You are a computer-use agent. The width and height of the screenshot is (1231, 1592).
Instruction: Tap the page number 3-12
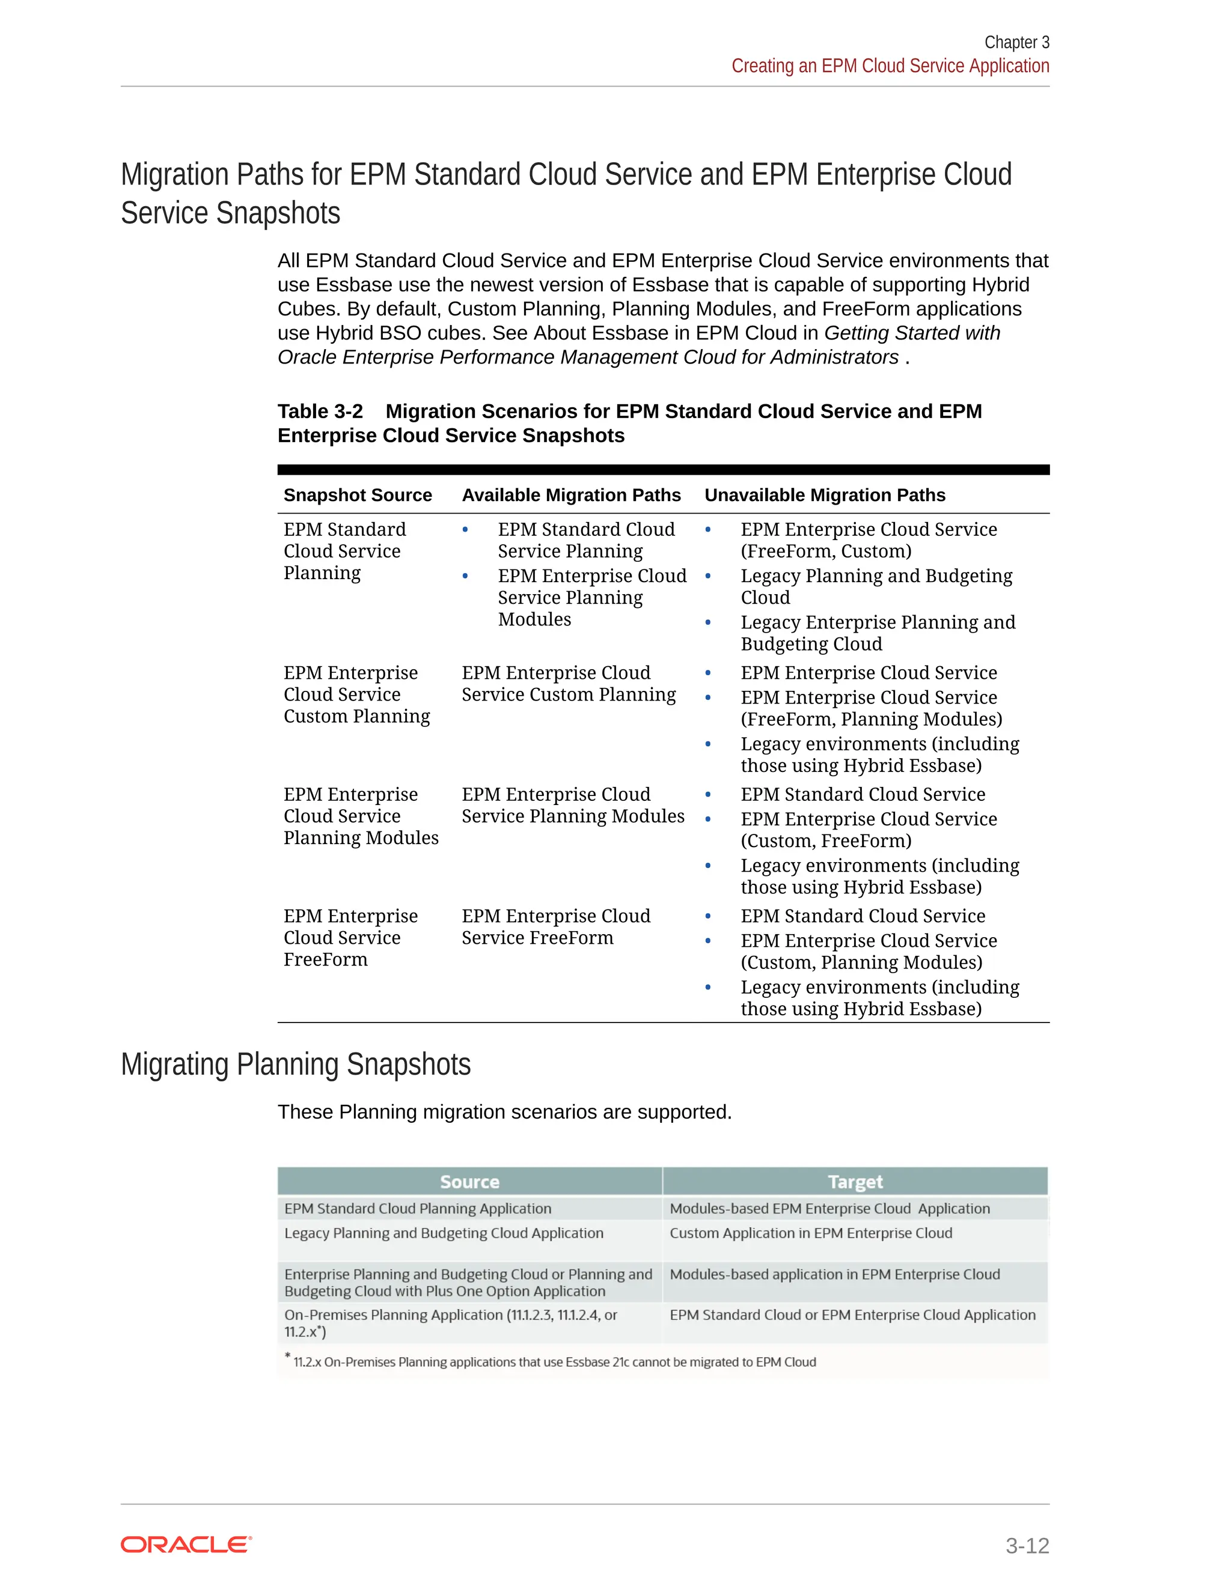tap(1027, 1545)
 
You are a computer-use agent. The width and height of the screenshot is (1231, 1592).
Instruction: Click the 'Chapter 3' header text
tap(1016, 42)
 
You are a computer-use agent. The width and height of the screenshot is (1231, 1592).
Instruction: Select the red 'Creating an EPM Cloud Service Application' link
tap(890, 66)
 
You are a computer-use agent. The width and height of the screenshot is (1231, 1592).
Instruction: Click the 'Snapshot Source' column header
tap(358, 495)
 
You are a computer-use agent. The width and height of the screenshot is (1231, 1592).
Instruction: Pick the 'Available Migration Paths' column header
tap(571, 495)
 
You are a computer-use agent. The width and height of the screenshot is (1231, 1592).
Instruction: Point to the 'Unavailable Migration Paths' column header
tap(824, 495)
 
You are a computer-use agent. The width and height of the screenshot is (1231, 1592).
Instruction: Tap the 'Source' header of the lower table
tap(469, 1182)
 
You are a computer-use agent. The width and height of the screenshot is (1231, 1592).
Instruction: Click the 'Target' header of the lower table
tap(855, 1182)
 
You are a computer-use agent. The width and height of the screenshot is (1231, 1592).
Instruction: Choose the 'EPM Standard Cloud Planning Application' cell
tap(418, 1209)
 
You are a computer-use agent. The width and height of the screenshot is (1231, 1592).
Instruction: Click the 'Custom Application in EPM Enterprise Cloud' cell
tap(810, 1233)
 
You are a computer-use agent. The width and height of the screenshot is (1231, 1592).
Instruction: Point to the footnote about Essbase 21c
tap(554, 1362)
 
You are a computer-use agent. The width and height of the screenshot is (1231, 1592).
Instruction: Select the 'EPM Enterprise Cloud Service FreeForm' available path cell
tap(556, 926)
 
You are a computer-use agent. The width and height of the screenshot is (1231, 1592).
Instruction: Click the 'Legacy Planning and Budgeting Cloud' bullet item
tap(876, 586)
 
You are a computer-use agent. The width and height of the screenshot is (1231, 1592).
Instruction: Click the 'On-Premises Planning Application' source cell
tap(450, 1323)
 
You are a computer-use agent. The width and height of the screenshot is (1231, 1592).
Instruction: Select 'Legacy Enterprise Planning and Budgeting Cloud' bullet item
tap(878, 633)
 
